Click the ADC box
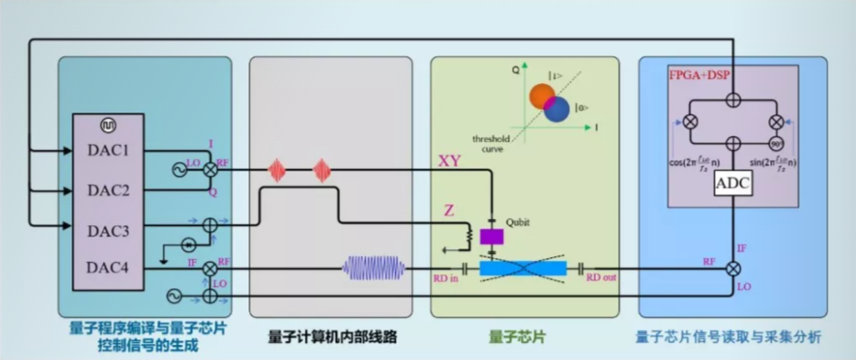pyautogui.click(x=733, y=183)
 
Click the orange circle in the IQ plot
pyautogui.click(x=541, y=96)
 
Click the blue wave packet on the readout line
pyautogui.click(x=374, y=267)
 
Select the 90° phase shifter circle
pyautogui.click(x=775, y=142)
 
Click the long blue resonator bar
pyautogui.click(x=523, y=267)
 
